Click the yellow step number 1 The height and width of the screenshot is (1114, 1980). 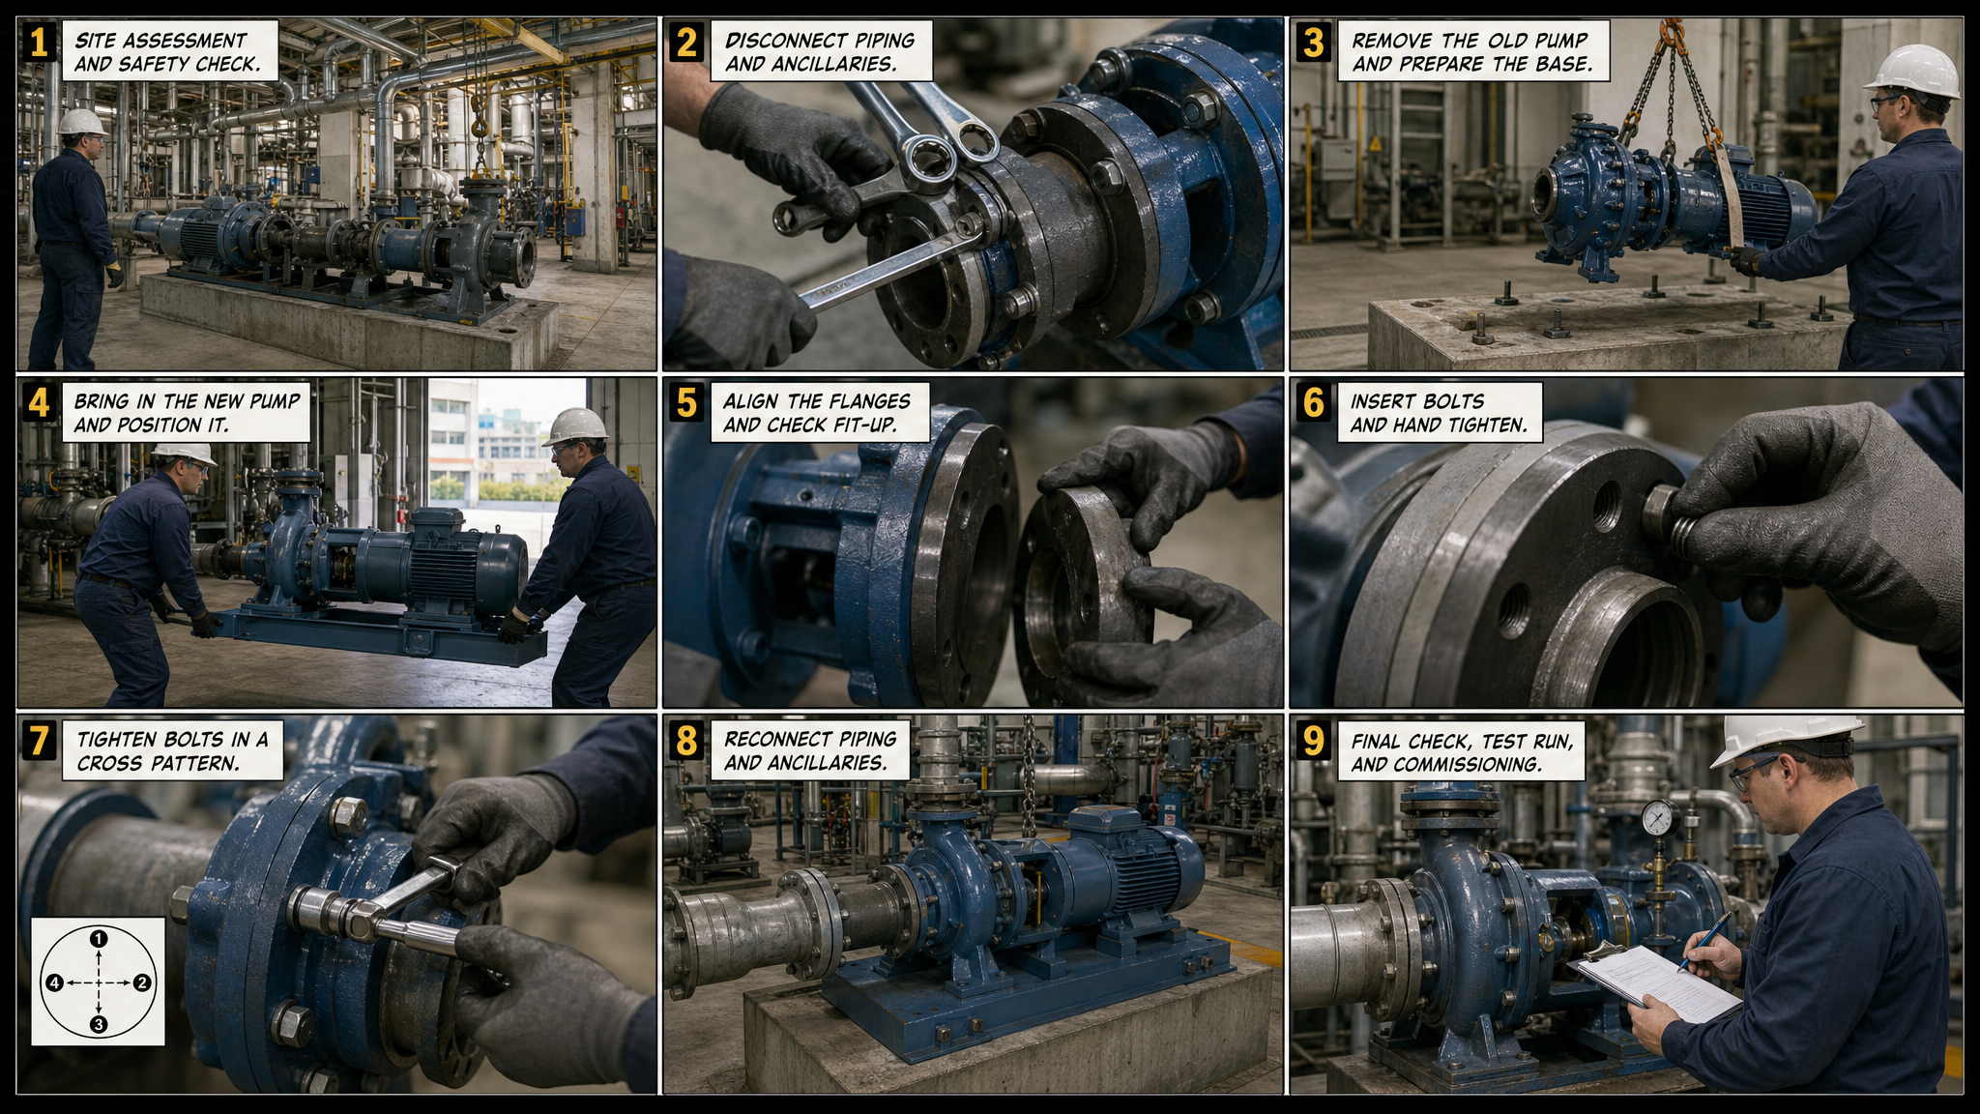[39, 43]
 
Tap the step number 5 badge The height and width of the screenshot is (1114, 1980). [686, 402]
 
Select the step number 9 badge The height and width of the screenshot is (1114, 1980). [1314, 741]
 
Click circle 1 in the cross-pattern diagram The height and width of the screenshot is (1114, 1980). [98, 938]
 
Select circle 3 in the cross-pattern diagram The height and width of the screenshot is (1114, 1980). [98, 1024]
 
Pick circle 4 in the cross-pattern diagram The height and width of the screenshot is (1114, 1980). [54, 982]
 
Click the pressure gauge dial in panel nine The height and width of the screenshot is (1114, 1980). [1659, 818]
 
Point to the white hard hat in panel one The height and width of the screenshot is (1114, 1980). [81, 122]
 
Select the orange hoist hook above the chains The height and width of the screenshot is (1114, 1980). [1673, 38]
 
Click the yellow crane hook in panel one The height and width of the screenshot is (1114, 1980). [479, 126]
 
